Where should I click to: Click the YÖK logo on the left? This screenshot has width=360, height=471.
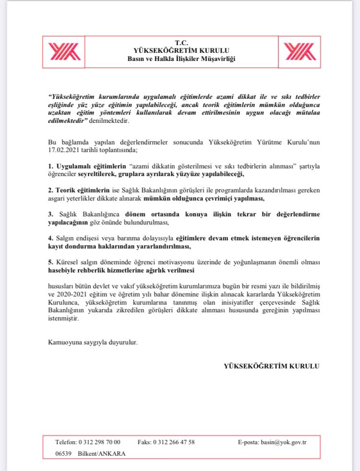[x=64, y=51]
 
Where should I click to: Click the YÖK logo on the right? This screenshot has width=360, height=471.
[x=299, y=51]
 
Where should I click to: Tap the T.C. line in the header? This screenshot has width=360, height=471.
[x=181, y=42]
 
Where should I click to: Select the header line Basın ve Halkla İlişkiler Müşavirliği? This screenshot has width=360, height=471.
[x=181, y=59]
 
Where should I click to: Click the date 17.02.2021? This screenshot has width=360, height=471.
[x=65, y=150]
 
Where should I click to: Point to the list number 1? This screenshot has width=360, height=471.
[x=50, y=165]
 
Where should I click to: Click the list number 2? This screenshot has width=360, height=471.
[x=50, y=189]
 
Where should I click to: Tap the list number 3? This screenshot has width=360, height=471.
[x=50, y=214]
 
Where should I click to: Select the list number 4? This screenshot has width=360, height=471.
[x=50, y=238]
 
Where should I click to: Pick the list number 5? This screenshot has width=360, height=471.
[x=50, y=262]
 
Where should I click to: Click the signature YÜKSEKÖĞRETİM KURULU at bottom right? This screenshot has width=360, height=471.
[x=271, y=366]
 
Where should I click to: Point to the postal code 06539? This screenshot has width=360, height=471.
[x=64, y=453]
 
